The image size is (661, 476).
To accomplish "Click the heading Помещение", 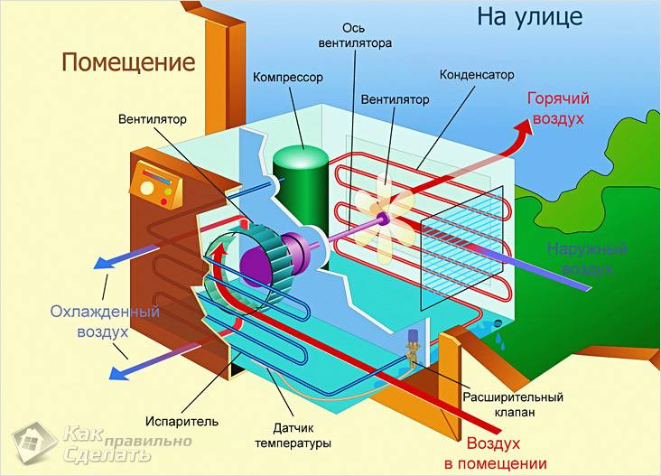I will [128, 62].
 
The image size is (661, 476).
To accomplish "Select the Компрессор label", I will [288, 78].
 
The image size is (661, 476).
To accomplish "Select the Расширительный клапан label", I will [512, 405].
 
